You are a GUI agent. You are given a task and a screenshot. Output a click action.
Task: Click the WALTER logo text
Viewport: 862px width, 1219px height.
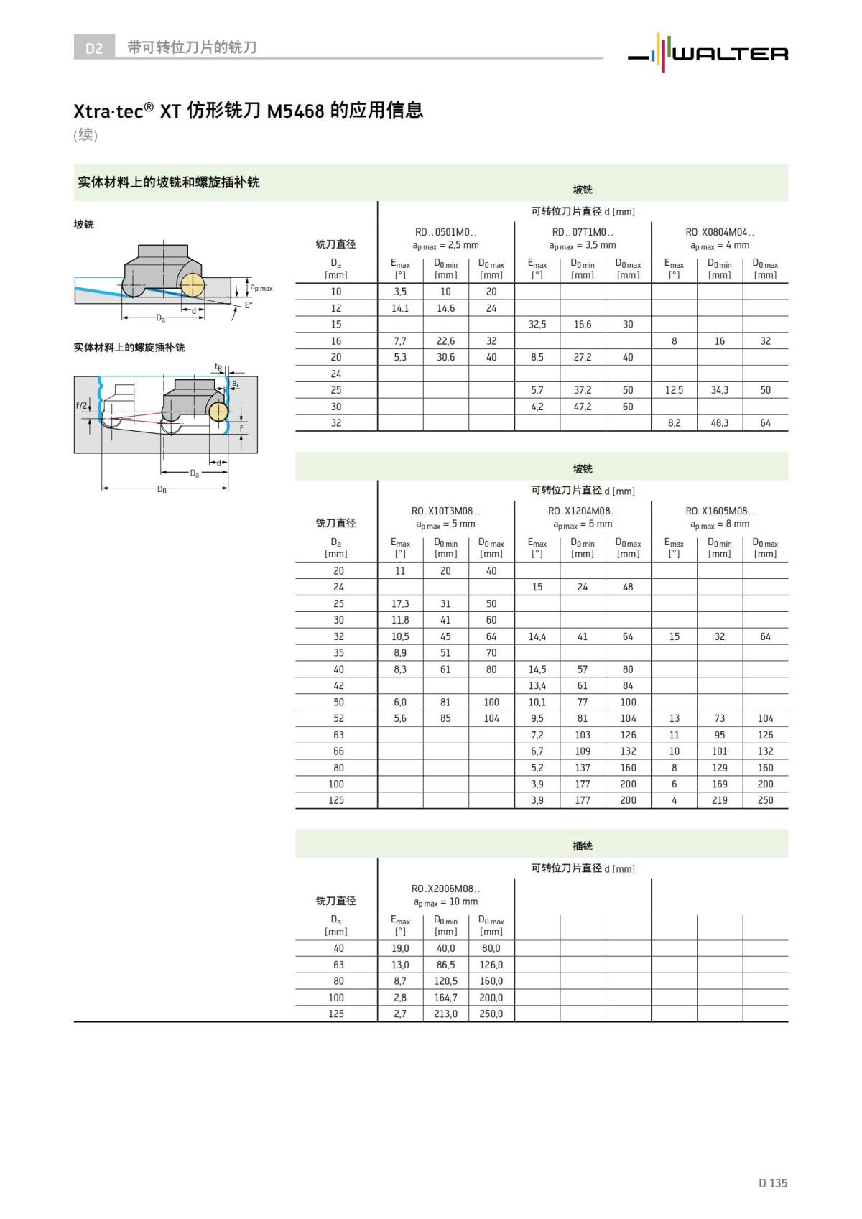click(729, 54)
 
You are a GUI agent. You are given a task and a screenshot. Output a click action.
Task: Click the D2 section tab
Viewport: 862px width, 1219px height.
click(94, 48)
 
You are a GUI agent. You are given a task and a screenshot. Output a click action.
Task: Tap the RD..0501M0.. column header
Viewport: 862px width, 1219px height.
click(445, 232)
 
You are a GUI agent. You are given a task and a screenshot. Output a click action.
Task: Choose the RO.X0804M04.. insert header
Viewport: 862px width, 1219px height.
click(720, 232)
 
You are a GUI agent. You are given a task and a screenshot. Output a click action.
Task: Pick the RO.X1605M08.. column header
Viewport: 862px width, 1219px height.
click(720, 511)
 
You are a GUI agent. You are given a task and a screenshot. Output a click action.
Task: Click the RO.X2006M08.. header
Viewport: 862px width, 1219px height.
click(445, 889)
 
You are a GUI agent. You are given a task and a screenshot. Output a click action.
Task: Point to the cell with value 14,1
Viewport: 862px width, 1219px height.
click(400, 308)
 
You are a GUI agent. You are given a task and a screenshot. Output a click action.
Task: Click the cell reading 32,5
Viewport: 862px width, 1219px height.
click(537, 325)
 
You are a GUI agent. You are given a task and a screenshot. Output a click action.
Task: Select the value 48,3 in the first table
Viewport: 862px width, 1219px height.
click(720, 423)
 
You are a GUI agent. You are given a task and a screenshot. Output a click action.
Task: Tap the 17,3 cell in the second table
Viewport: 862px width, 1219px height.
click(400, 603)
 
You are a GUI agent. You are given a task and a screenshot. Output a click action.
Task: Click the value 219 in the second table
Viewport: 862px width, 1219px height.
click(720, 800)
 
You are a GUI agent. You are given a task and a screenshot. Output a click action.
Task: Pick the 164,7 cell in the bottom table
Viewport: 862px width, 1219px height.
click(445, 998)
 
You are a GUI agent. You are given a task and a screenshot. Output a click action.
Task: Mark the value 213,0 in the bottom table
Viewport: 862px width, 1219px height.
click(445, 1014)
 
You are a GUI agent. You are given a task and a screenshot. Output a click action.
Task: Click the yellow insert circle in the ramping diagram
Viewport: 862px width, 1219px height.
click(192, 286)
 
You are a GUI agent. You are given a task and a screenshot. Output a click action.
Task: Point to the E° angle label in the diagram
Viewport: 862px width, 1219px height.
click(249, 305)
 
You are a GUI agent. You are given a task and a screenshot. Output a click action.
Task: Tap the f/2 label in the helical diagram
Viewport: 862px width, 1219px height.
click(81, 406)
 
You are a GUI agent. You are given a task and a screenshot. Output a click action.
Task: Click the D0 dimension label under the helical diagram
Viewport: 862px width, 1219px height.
click(162, 490)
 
